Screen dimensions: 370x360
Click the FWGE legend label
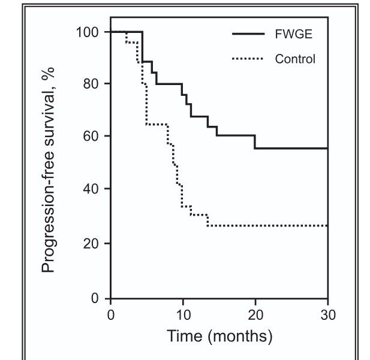point(294,34)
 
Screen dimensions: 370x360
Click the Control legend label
point(295,59)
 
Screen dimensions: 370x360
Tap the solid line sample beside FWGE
point(248,34)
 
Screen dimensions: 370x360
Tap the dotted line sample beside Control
point(248,59)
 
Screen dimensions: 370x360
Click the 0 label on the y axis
point(95,298)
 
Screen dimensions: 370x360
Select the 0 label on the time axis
point(111,314)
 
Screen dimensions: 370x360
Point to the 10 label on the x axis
point(183,314)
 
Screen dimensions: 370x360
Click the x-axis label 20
point(255,314)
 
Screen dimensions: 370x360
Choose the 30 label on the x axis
point(328,314)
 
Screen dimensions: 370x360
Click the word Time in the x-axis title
point(185,335)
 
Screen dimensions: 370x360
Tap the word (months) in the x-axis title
point(240,337)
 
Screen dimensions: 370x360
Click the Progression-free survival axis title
point(48,170)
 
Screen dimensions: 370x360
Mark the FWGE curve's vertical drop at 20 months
point(255,142)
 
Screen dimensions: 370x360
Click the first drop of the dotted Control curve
point(127,37)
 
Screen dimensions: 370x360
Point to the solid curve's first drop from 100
point(142,47)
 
